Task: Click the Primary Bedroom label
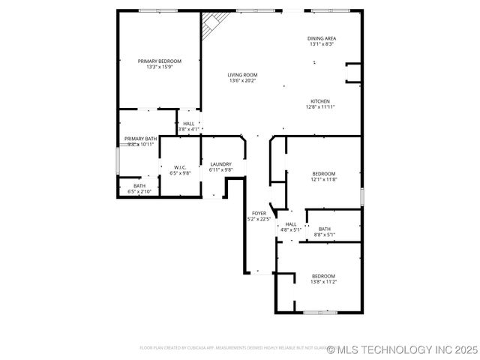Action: tap(159, 61)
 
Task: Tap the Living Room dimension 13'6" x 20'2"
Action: tap(242, 81)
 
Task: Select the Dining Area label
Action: tap(322, 38)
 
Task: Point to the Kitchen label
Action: tap(320, 101)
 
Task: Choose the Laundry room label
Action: tap(220, 164)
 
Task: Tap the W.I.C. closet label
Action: tap(180, 167)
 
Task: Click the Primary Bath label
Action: tap(140, 139)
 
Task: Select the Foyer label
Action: tap(259, 213)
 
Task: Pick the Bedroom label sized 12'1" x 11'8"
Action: tap(324, 173)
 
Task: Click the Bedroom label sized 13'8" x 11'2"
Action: tap(323, 276)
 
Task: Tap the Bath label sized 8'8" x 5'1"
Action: tap(324, 229)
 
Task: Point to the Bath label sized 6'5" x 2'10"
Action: tap(139, 186)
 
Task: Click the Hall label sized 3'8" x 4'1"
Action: tap(188, 124)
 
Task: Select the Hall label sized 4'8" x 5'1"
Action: tap(291, 223)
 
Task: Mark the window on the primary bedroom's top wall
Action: tap(158, 10)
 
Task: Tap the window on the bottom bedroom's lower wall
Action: tap(320, 311)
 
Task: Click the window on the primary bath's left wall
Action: tap(117, 160)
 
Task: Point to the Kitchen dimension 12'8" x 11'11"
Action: tap(320, 107)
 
